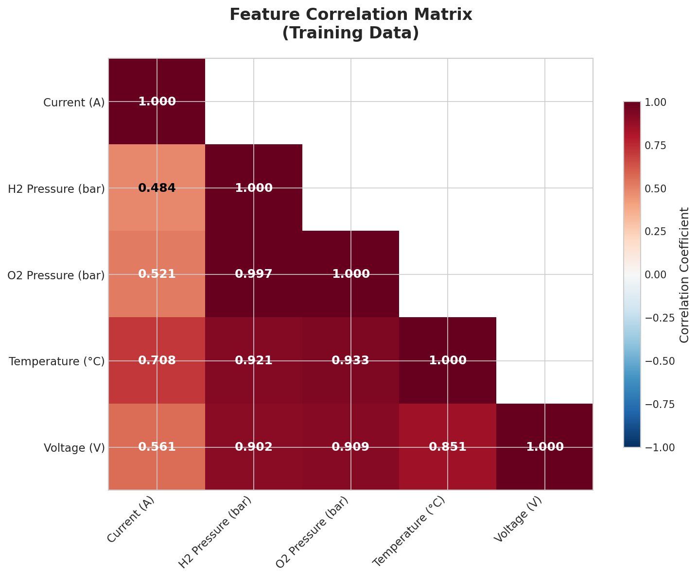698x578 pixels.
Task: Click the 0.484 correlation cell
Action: (157, 188)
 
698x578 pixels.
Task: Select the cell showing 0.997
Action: (253, 274)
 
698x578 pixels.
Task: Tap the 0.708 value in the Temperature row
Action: (157, 360)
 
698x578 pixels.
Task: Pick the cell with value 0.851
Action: (447, 447)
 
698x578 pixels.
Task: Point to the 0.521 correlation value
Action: (157, 274)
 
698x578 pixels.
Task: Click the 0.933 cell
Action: (350, 360)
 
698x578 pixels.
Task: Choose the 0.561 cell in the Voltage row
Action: (157, 447)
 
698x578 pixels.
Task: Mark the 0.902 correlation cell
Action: (253, 447)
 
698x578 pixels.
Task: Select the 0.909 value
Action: (350, 447)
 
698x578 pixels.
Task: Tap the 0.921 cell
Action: (253, 360)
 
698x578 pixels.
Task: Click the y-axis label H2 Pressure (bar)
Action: (56, 188)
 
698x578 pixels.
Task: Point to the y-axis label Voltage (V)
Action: (74, 447)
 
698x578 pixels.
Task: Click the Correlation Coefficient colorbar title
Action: (684, 274)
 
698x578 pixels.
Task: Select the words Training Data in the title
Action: (350, 34)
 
